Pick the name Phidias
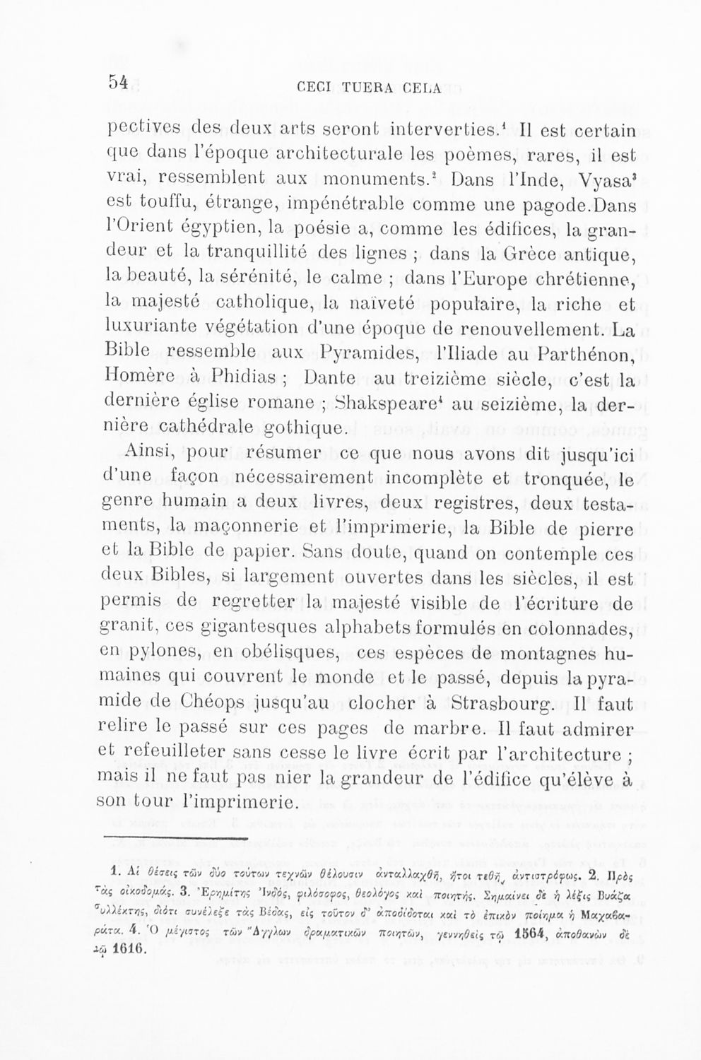pyautogui.click(x=238, y=379)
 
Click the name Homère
pyautogui.click(x=138, y=379)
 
